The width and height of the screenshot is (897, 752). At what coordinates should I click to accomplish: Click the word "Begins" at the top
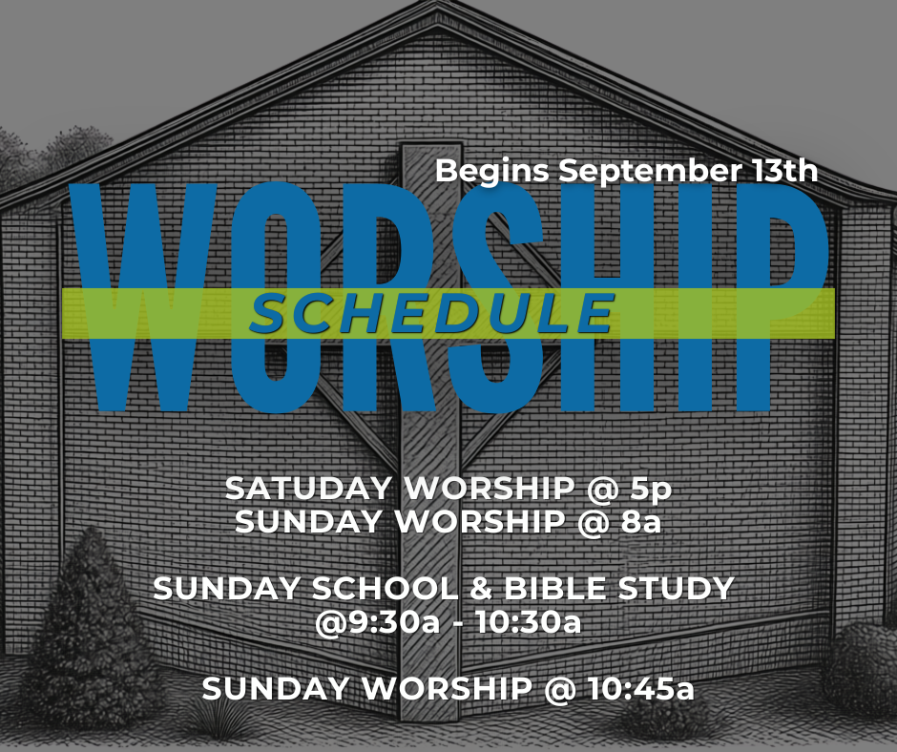(x=492, y=172)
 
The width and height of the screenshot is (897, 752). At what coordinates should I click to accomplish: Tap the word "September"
(x=649, y=172)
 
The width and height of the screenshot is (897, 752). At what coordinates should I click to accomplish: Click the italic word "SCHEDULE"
(x=432, y=314)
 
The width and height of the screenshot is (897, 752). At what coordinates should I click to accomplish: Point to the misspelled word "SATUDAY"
(x=308, y=489)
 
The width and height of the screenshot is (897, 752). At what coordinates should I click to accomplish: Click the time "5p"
(x=651, y=490)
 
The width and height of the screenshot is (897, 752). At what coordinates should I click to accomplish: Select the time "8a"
(x=640, y=522)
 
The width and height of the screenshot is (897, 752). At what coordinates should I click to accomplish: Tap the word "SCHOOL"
(x=386, y=588)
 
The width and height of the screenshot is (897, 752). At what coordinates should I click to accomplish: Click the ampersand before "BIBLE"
(x=481, y=588)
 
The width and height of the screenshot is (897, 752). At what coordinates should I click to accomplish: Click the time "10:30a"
(x=528, y=622)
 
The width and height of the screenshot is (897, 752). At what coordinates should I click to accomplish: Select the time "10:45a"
(x=640, y=688)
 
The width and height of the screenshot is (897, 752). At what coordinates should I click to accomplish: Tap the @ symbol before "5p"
(x=602, y=490)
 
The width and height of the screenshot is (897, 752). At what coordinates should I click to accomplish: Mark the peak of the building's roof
(x=438, y=6)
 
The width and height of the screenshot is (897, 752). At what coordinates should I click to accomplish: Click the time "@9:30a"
(x=378, y=622)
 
